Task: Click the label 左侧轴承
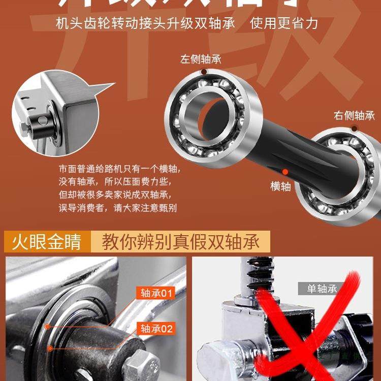[x=201, y=59]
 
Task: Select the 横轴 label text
[x=280, y=186]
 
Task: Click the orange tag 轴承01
[x=154, y=293]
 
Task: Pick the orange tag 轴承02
[x=154, y=329]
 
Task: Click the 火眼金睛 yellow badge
[x=46, y=242]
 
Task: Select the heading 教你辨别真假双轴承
[x=181, y=242]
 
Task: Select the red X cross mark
[x=310, y=325]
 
